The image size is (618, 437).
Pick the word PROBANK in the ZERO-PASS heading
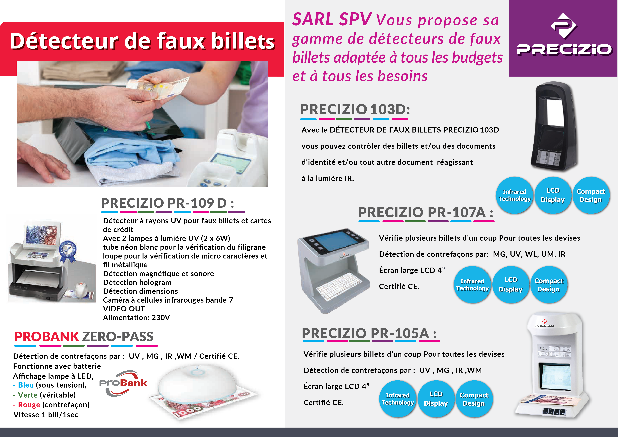click(x=47, y=337)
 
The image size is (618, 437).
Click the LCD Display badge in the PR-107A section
click(x=511, y=285)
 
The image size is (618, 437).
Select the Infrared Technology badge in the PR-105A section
click(x=398, y=399)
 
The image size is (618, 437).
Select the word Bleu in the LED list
click(x=26, y=385)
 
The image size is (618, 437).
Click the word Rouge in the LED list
click(x=29, y=405)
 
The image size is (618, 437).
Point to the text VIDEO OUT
click(x=124, y=309)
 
